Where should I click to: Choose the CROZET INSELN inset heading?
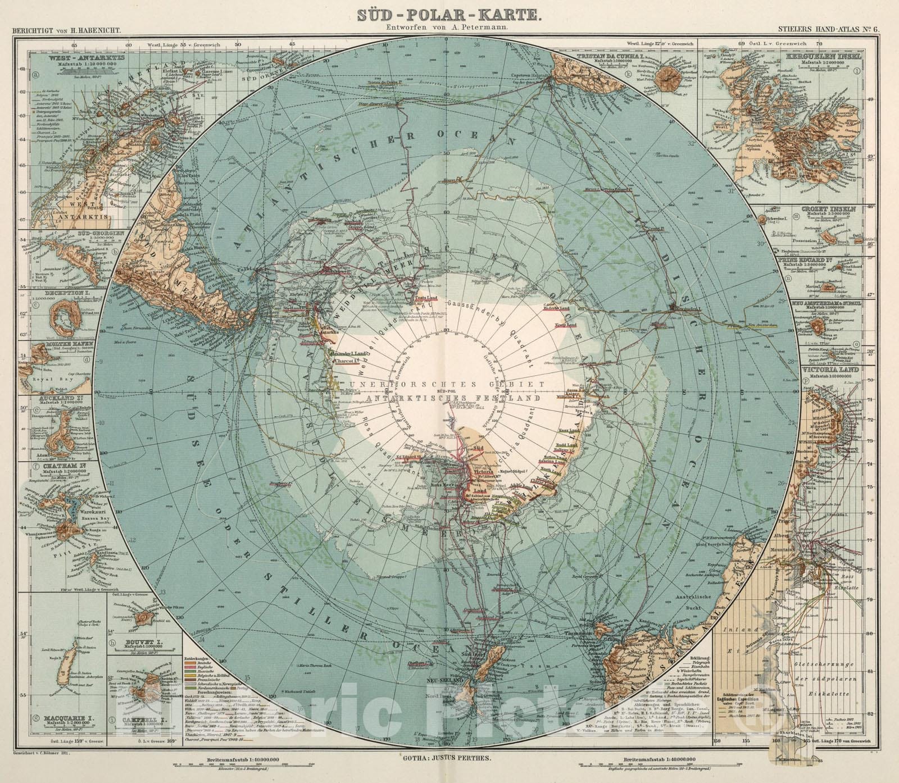coord(832,208)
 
